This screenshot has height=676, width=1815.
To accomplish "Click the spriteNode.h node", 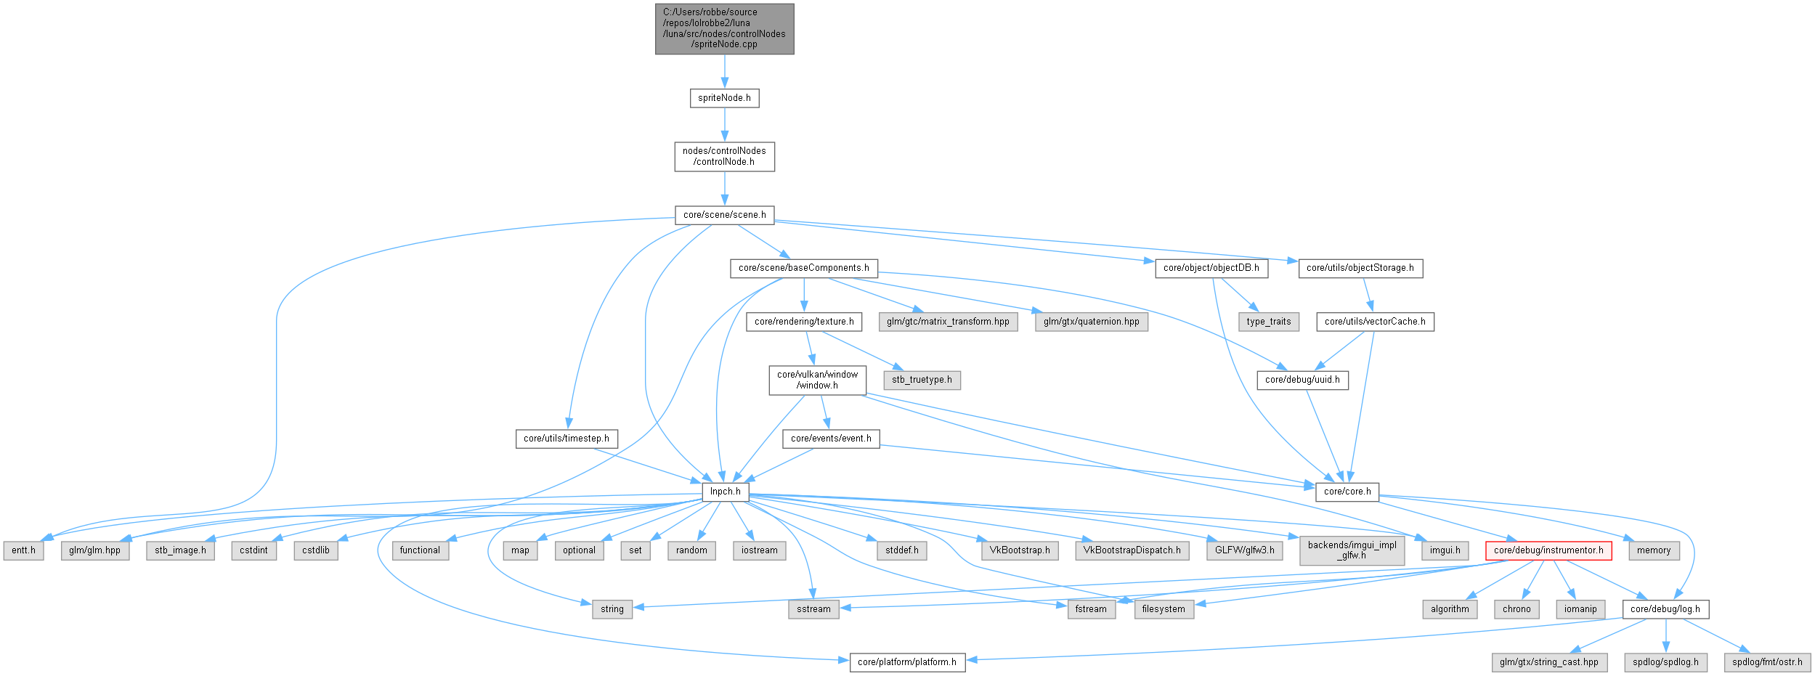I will [724, 98].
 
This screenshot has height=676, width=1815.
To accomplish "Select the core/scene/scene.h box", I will [724, 215].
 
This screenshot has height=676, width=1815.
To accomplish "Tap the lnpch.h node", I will [725, 492].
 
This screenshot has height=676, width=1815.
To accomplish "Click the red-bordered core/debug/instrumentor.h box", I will [1548, 550].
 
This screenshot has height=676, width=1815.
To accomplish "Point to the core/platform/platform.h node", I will [906, 662].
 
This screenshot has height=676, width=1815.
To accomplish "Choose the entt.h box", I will [23, 550].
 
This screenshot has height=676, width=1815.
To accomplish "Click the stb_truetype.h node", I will [922, 380].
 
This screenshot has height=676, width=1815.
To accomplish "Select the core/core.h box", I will [1347, 492].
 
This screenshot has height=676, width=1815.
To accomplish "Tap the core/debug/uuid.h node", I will [1302, 380].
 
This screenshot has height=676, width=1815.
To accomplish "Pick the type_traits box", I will [1268, 322].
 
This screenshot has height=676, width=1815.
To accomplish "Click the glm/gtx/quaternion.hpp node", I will [1091, 322].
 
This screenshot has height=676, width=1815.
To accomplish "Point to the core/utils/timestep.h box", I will [567, 439].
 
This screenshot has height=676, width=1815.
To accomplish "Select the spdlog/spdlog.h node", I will [1665, 662].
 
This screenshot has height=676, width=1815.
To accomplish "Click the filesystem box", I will [1163, 609].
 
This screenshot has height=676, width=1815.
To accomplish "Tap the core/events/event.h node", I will [831, 439].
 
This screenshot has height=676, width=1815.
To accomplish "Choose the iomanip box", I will [1580, 609].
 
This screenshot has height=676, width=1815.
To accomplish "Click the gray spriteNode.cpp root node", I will [724, 28].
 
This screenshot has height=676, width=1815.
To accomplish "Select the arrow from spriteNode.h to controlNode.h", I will [724, 125].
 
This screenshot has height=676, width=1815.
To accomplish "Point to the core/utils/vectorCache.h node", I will [1375, 322].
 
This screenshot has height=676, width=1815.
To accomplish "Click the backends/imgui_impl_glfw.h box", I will [1352, 550].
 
